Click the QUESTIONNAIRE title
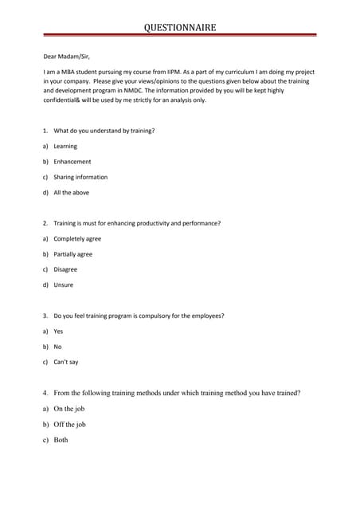pos(179,28)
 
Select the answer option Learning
pos(65,147)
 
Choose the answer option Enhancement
pos(72,162)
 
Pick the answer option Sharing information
pos(80,177)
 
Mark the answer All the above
pos(72,193)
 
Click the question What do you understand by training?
pos(104,131)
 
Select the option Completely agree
pos(77,239)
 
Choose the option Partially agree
pos(72,254)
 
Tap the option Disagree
pos(65,269)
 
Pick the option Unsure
pos(63,285)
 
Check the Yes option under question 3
pos(58,331)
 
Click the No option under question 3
pos(57,347)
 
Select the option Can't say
pos(65,363)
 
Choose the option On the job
pos(69,409)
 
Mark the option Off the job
pos(70,425)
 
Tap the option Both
pos(61,440)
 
